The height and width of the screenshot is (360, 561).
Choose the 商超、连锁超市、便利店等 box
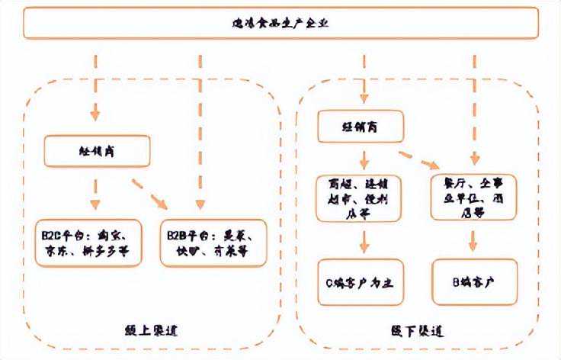point(364,198)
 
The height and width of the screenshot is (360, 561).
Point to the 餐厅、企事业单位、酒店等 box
point(473,198)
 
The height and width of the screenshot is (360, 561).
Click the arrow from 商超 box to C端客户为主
point(364,240)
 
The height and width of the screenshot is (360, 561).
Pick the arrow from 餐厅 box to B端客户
point(473,240)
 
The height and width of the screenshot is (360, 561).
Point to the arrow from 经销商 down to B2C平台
point(95,194)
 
